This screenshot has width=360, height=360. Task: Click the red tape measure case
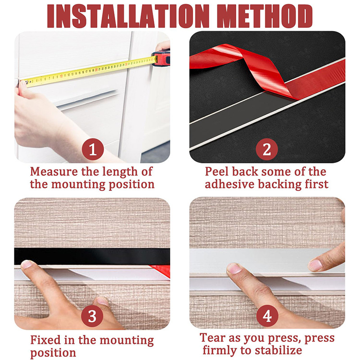point(161,58)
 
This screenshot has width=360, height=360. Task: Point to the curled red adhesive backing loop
point(234,67)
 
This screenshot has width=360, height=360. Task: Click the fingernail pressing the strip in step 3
point(28,264)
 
